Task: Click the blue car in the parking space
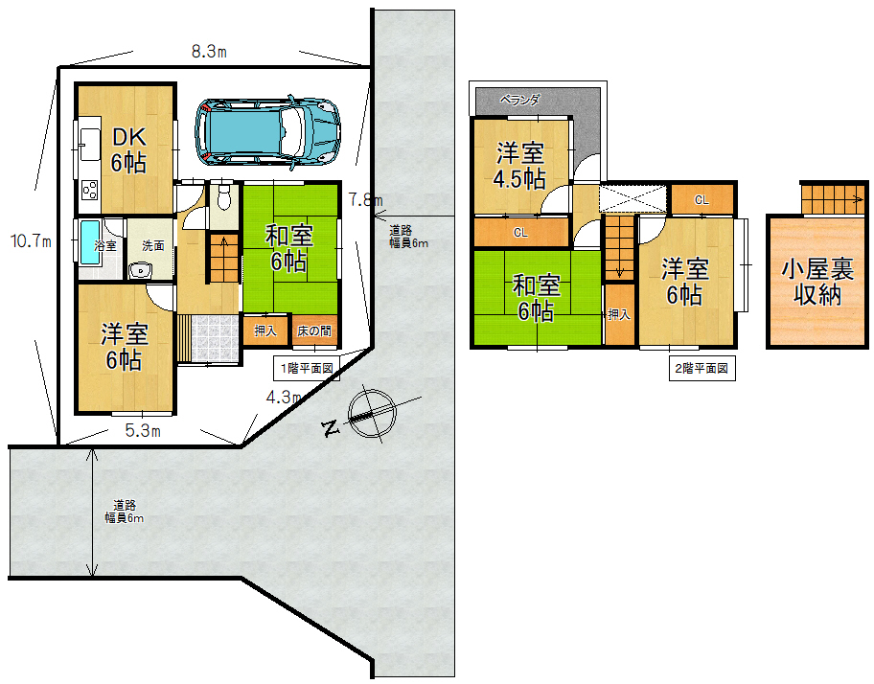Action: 267,132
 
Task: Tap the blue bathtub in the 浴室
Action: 90,242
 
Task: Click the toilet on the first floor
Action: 224,196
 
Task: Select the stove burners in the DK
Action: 90,190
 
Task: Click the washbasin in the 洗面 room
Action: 140,271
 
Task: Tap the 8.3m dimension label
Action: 209,52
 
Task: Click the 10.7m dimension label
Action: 32,241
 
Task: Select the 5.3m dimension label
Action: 143,430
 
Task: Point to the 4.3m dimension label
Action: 284,398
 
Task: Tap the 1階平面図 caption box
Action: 307,368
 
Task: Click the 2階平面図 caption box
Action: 701,368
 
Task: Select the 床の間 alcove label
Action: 314,331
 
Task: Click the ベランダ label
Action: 519,101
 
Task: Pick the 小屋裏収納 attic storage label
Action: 817,283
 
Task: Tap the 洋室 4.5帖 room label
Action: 519,166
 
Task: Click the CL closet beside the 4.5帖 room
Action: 520,232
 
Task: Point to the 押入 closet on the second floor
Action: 619,315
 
